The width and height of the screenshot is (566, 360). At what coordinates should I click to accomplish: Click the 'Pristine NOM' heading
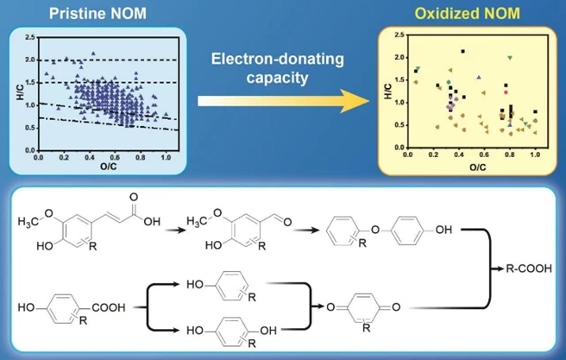[x=88, y=14]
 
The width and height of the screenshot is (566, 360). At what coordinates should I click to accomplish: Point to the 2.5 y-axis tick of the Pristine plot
[x=30, y=38]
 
